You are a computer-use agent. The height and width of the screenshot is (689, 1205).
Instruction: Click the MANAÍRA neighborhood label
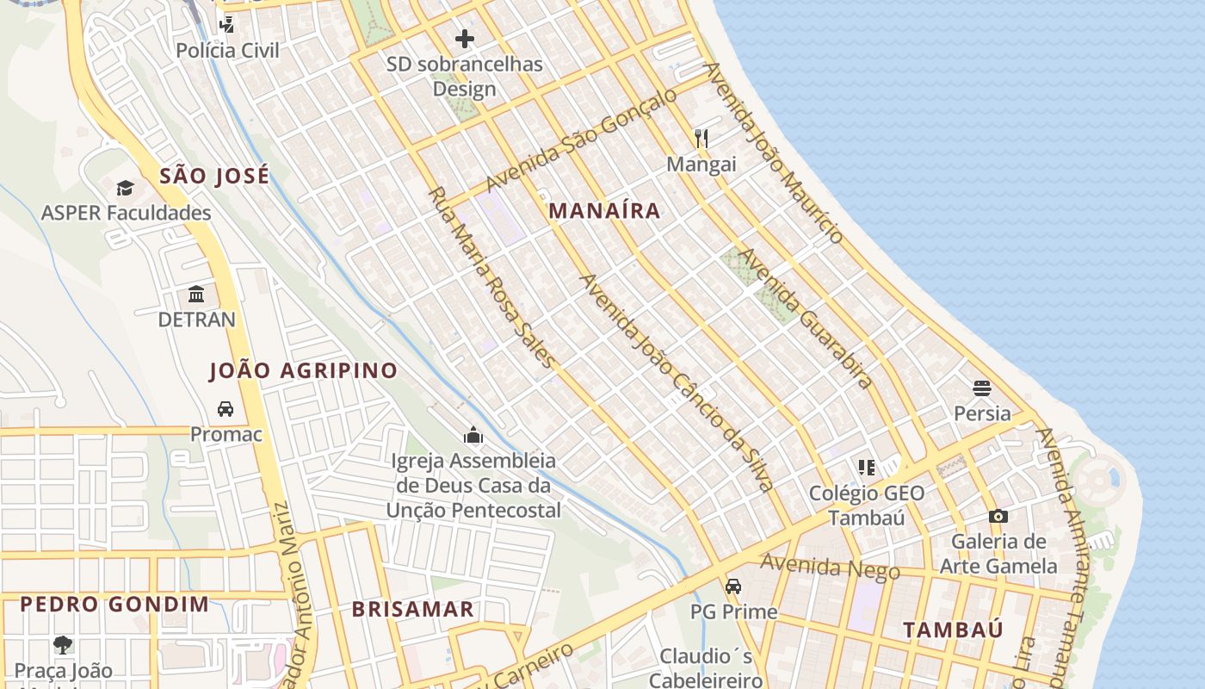pos(604,211)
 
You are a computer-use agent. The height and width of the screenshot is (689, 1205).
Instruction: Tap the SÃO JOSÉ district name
pos(214,177)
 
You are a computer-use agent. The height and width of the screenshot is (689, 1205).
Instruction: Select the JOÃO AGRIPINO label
pos(303,371)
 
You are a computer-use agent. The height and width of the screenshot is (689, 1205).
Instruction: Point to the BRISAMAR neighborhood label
pos(412,610)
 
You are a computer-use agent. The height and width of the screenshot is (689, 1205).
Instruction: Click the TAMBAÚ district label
pos(953,630)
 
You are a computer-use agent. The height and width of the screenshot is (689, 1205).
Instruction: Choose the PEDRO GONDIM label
pos(114,604)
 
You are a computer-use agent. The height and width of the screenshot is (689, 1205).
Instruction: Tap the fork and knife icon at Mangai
pos(701,138)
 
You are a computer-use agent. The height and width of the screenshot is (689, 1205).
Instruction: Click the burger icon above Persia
pos(982,388)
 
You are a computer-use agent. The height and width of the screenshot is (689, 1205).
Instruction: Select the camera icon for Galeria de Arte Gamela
pos(998,516)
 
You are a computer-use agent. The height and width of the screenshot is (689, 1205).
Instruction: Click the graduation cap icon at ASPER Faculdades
pos(126,188)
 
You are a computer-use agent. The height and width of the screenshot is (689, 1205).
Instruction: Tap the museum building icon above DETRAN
pos(196,295)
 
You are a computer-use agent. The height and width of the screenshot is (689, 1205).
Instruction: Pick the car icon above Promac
pos(226,408)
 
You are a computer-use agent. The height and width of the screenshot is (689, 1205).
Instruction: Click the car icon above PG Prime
pos(733,587)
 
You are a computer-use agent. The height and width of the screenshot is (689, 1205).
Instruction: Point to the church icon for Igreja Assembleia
pos(473,436)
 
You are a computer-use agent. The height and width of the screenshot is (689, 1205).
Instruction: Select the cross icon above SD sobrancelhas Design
pos(465,39)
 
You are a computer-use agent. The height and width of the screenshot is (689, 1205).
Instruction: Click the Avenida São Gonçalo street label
pos(581,140)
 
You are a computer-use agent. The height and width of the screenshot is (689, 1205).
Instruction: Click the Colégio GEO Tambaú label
pos(867,505)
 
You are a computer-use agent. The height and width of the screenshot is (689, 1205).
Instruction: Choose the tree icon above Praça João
pos(63,644)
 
